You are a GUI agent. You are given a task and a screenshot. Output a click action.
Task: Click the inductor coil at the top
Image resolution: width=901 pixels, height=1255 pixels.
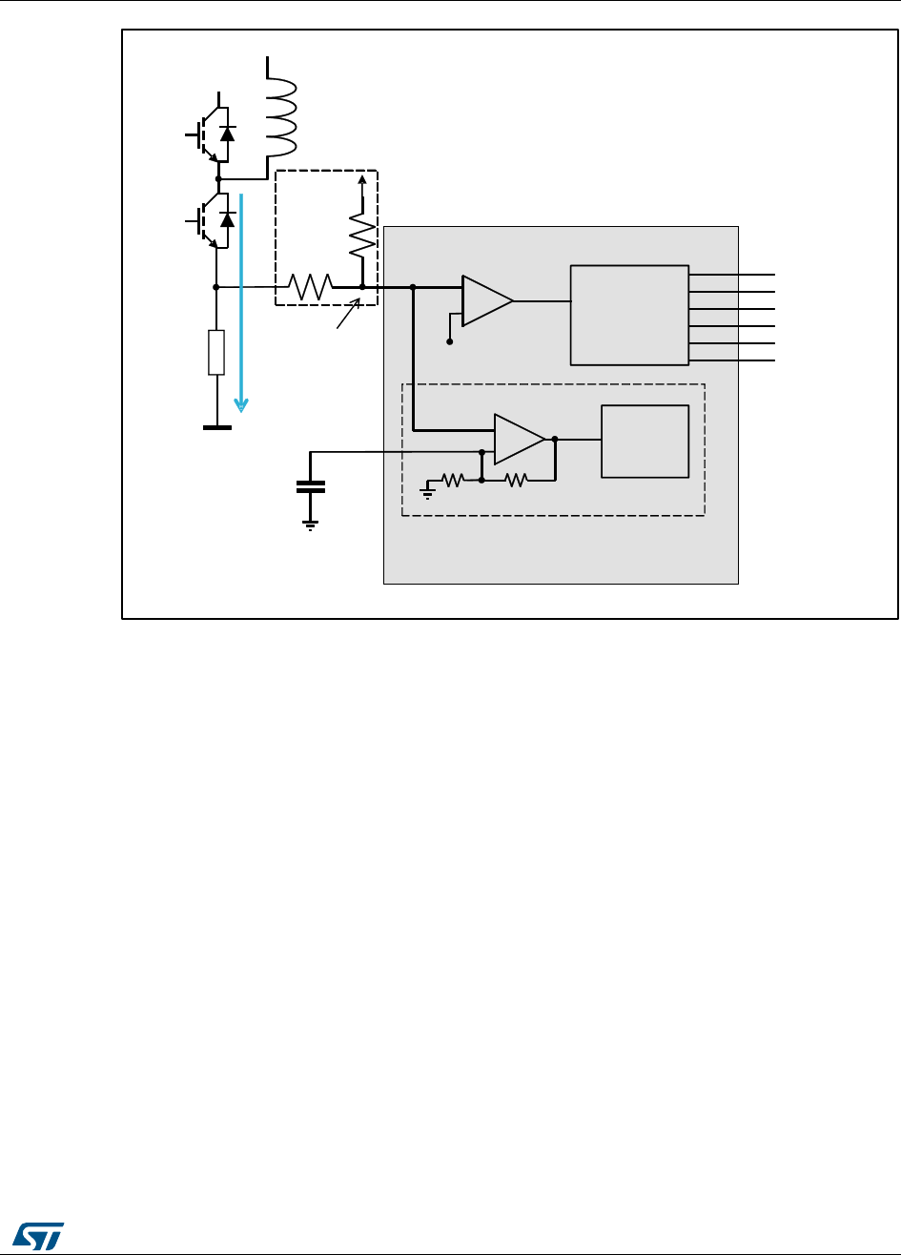point(281,107)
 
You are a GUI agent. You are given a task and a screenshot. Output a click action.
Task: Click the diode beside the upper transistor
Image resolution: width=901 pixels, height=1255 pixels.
point(227,134)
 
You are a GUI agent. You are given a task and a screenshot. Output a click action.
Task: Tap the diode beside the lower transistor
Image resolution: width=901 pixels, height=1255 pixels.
point(227,219)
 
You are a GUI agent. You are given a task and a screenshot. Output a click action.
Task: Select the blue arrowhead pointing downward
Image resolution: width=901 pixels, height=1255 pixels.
point(242,404)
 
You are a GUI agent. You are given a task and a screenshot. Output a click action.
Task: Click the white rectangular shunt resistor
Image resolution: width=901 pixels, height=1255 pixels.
point(216,353)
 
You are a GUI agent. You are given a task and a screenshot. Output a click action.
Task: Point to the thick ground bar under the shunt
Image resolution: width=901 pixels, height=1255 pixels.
point(216,428)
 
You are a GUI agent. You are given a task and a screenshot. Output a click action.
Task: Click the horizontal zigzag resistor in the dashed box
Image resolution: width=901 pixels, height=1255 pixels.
point(311,286)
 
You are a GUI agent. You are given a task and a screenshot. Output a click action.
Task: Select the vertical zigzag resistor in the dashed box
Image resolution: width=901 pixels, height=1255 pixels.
point(361,235)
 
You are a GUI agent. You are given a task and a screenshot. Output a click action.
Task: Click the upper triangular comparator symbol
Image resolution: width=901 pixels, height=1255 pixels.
point(485,300)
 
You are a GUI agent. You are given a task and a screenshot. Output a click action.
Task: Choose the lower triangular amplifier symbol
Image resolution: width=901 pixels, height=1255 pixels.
point(518,440)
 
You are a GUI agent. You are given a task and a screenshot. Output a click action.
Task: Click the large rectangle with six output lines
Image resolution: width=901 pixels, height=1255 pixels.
point(629,315)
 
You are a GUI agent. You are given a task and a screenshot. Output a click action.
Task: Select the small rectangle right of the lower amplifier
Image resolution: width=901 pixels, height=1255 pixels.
point(645,441)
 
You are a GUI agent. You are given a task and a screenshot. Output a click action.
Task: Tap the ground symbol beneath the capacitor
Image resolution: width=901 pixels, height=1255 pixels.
point(311,525)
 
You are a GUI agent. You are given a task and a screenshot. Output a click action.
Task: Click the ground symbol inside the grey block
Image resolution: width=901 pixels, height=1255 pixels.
point(428,491)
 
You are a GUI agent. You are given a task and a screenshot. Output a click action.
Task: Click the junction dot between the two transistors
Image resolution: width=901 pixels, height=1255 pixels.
point(218,178)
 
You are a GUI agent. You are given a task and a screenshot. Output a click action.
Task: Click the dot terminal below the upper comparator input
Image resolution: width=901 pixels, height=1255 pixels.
point(450,340)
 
